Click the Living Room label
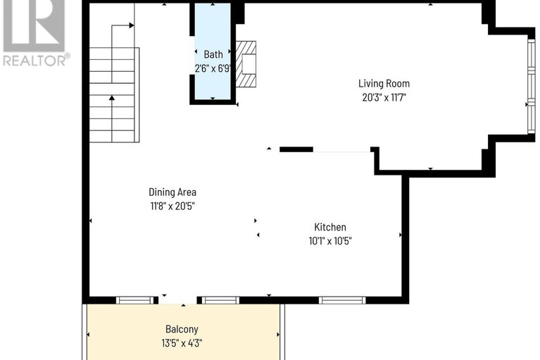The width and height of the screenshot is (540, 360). [384, 83]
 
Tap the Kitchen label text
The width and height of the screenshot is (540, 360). [330, 227]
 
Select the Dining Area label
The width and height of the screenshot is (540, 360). [172, 192]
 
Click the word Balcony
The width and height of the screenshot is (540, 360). [182, 329]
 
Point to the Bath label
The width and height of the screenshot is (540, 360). [213, 54]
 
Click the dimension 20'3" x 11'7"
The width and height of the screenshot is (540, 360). [384, 97]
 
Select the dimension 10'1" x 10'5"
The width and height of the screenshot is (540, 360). [330, 241]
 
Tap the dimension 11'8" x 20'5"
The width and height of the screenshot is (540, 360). [172, 206]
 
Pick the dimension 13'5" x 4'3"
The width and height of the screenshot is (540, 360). [182, 343]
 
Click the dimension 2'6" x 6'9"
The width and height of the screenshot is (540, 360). [213, 68]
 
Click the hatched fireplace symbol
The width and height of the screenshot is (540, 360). [246, 64]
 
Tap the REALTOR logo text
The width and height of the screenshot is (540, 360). [36, 61]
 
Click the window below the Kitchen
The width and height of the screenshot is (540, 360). [342, 300]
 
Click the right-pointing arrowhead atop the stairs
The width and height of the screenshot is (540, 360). [132, 25]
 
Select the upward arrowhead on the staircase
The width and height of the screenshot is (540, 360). [111, 98]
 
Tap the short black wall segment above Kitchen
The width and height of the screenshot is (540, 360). [296, 149]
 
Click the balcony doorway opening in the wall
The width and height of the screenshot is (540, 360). [177, 300]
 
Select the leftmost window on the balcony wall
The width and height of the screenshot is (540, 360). [134, 300]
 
